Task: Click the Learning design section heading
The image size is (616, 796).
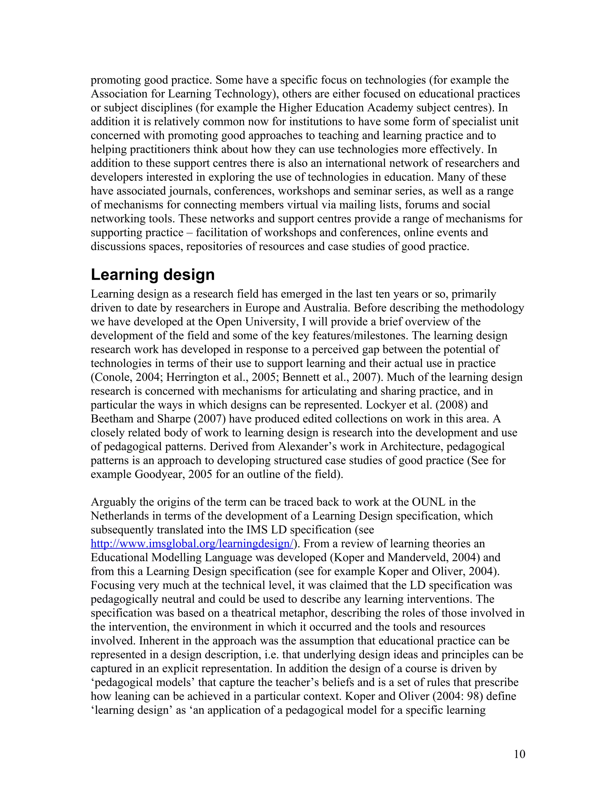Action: [x=152, y=275]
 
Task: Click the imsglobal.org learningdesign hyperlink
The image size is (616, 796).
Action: [x=192, y=544]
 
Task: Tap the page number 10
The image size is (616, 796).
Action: [x=519, y=754]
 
